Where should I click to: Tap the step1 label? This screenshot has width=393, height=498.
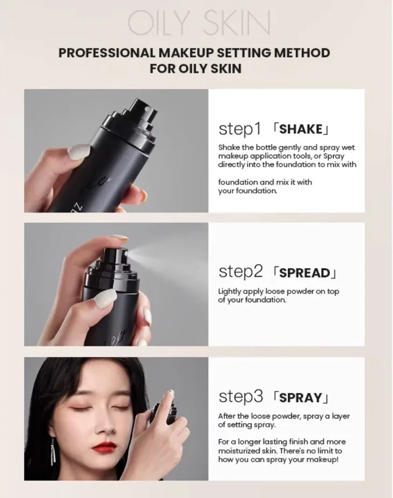(239, 129)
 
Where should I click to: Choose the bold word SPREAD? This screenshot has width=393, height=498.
(304, 272)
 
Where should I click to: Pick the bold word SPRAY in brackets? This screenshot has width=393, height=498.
(301, 398)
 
